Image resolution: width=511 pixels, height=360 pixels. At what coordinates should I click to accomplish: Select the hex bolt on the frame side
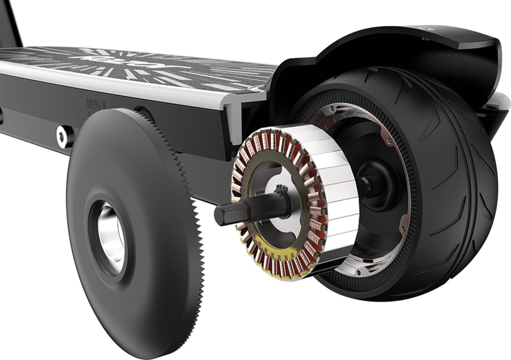(62, 136)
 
